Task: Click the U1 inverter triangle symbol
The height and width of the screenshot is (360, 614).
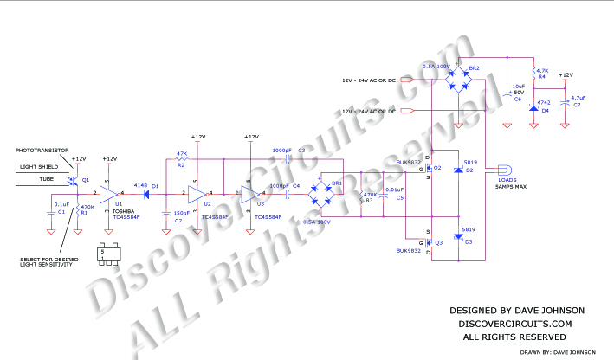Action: (x=109, y=193)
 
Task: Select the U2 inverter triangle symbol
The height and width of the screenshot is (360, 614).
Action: (x=197, y=193)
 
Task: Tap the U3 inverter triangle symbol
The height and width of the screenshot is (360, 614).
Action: (x=250, y=193)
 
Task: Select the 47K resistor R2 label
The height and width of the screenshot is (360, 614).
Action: (x=182, y=153)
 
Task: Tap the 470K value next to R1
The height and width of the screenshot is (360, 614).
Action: (x=87, y=207)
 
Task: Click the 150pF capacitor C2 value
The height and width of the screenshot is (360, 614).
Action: (x=183, y=213)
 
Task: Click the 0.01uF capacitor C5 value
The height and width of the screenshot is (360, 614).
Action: (x=394, y=189)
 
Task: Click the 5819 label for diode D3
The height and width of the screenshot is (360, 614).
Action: (x=468, y=229)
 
